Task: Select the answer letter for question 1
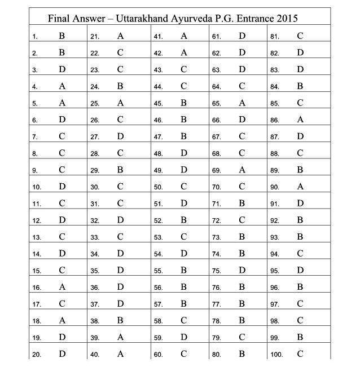[x=62, y=36]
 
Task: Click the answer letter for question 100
[x=300, y=354]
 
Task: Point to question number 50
[x=158, y=187]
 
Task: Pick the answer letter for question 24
[x=120, y=86]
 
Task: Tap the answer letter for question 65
[x=242, y=103]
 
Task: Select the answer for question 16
[x=62, y=287]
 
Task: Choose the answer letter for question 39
[x=120, y=337]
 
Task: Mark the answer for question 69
[x=242, y=170]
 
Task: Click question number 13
[x=36, y=238]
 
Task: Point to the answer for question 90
[x=300, y=187]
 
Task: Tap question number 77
[x=216, y=304]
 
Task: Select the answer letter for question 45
[x=183, y=103]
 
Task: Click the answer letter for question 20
[x=62, y=354]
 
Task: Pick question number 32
[x=95, y=221]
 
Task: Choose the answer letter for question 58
[x=183, y=321]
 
